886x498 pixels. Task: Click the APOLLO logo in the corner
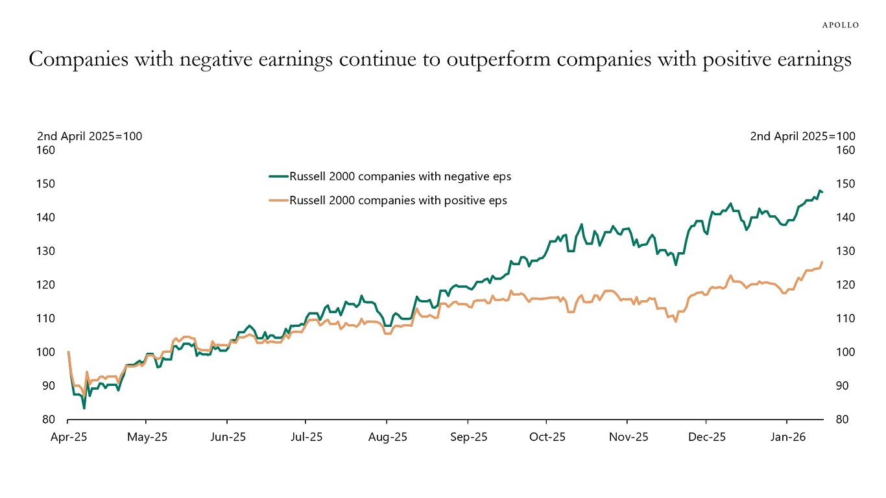click(x=840, y=25)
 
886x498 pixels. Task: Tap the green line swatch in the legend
click(x=278, y=176)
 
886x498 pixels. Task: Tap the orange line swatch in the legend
click(x=278, y=200)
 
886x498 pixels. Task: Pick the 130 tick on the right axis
click(x=841, y=251)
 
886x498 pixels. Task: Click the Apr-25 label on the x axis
click(x=68, y=437)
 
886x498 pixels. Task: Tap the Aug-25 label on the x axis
click(x=387, y=437)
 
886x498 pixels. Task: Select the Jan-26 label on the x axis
click(x=787, y=437)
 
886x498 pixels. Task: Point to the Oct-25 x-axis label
click(x=547, y=437)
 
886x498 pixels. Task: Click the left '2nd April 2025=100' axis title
click(x=90, y=136)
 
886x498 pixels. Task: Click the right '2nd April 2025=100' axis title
click(x=802, y=136)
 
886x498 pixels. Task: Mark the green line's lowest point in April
click(x=84, y=408)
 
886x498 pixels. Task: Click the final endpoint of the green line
click(x=822, y=192)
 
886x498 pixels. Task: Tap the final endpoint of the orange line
click(x=822, y=262)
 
